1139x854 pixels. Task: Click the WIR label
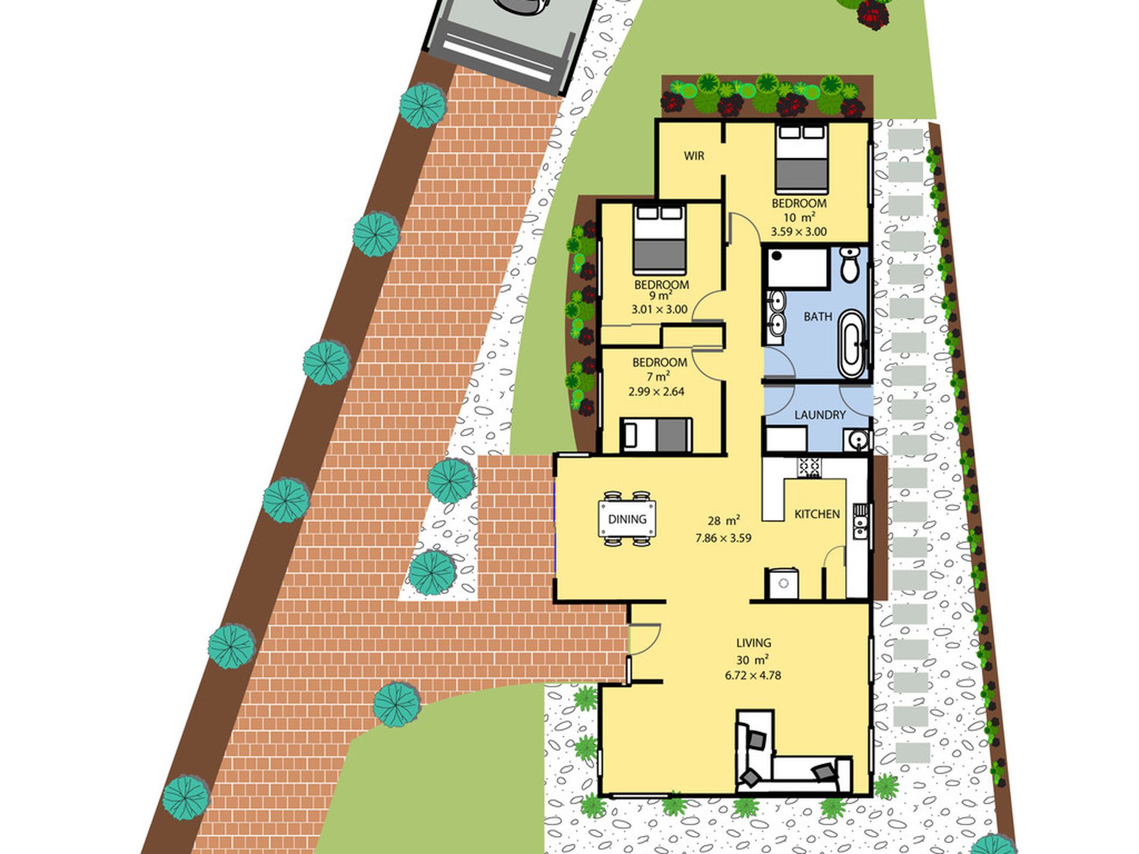click(694, 156)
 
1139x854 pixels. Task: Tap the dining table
click(627, 518)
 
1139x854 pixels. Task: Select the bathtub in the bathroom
click(851, 343)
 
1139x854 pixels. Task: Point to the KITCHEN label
click(817, 514)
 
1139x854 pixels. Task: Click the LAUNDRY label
click(819, 415)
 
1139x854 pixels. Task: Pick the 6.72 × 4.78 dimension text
click(753, 675)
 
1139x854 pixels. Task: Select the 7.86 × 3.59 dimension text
click(723, 538)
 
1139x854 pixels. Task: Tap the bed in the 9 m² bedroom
click(659, 239)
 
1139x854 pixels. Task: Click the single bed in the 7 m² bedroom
click(656, 435)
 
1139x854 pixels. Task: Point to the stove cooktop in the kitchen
click(809, 467)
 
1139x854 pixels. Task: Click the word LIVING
click(754, 643)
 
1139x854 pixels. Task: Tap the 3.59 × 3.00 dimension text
click(798, 232)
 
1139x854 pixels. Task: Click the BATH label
click(818, 316)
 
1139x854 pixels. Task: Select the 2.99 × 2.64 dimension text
click(656, 392)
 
